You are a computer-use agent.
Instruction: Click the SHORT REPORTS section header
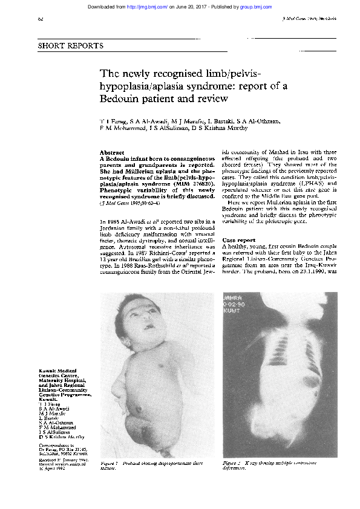click(x=71, y=46)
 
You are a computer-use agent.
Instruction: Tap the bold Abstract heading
click(x=112, y=152)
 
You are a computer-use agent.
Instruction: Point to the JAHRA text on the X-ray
click(x=232, y=298)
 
